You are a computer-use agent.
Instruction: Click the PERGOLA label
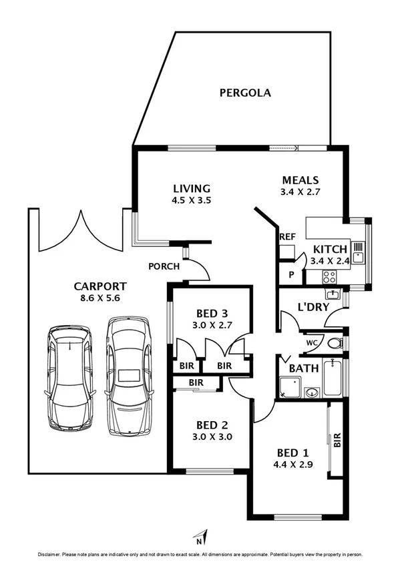[x=245, y=93]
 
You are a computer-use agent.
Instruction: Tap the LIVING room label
[x=192, y=188]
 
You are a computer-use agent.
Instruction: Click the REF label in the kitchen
[x=287, y=237]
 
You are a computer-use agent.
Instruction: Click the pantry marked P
[x=291, y=274]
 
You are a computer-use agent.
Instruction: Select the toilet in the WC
[x=336, y=344]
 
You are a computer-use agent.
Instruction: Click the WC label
[x=311, y=343]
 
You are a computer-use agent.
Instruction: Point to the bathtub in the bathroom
[x=333, y=378]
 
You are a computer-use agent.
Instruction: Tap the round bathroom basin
[x=311, y=392]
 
